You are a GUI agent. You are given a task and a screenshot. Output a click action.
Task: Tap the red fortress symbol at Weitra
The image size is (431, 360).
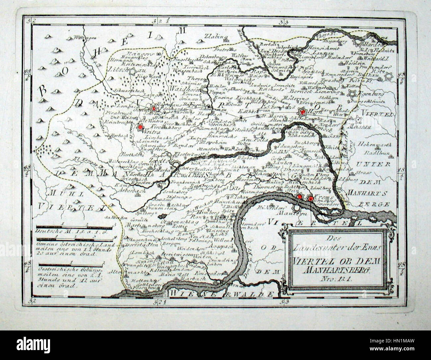pyautogui.click(x=141, y=127)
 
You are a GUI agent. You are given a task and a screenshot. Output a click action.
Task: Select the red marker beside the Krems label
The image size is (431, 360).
pyautogui.click(x=310, y=198)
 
